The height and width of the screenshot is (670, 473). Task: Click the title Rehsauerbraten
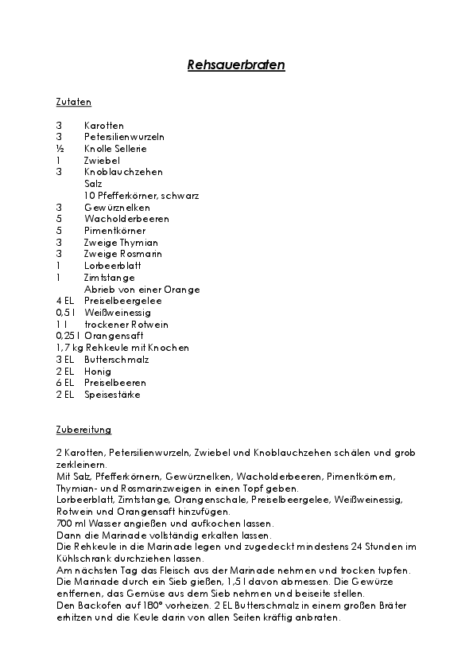click(x=235, y=65)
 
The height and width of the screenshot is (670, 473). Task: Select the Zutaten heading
click(x=74, y=103)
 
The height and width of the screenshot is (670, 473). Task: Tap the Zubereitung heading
click(x=83, y=430)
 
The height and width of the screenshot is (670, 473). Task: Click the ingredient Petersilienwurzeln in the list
click(x=124, y=137)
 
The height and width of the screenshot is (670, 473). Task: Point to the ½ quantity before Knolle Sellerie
click(x=59, y=149)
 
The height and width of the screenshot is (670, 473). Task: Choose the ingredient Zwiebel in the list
click(x=101, y=160)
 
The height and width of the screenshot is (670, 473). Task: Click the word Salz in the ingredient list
click(x=93, y=184)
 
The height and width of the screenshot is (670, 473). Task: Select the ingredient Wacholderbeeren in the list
click(x=126, y=219)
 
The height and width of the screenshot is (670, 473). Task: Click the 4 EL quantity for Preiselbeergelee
click(x=65, y=301)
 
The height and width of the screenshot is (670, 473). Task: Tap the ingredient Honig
click(x=98, y=371)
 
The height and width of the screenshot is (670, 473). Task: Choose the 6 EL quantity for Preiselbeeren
click(x=65, y=383)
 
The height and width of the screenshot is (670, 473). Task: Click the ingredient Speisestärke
click(x=113, y=395)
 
